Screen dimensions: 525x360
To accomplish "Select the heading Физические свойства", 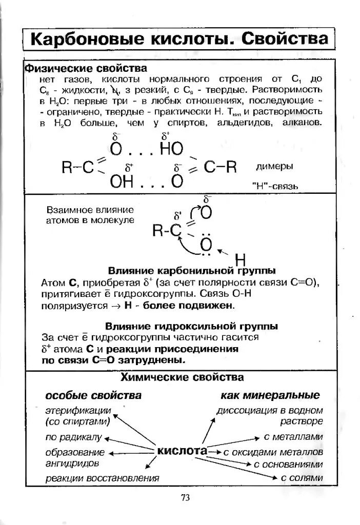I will [87, 68].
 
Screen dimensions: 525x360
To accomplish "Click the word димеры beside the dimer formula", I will [274, 167].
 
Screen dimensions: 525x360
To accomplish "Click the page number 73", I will [186, 497].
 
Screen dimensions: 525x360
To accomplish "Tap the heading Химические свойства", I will [182, 378].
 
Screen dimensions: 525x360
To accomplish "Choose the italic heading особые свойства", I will [93, 395].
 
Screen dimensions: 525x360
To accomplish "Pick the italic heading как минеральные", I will [270, 395].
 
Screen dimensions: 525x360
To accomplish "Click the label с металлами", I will [293, 437].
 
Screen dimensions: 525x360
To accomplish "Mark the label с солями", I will [302, 478].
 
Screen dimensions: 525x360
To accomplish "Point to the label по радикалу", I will [74, 438].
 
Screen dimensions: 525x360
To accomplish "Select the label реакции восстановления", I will [102, 478].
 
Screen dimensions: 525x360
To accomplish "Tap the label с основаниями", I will [288, 465].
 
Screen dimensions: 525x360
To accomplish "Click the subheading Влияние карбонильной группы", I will [192, 270].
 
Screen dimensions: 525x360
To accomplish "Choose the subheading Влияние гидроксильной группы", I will [192, 326].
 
